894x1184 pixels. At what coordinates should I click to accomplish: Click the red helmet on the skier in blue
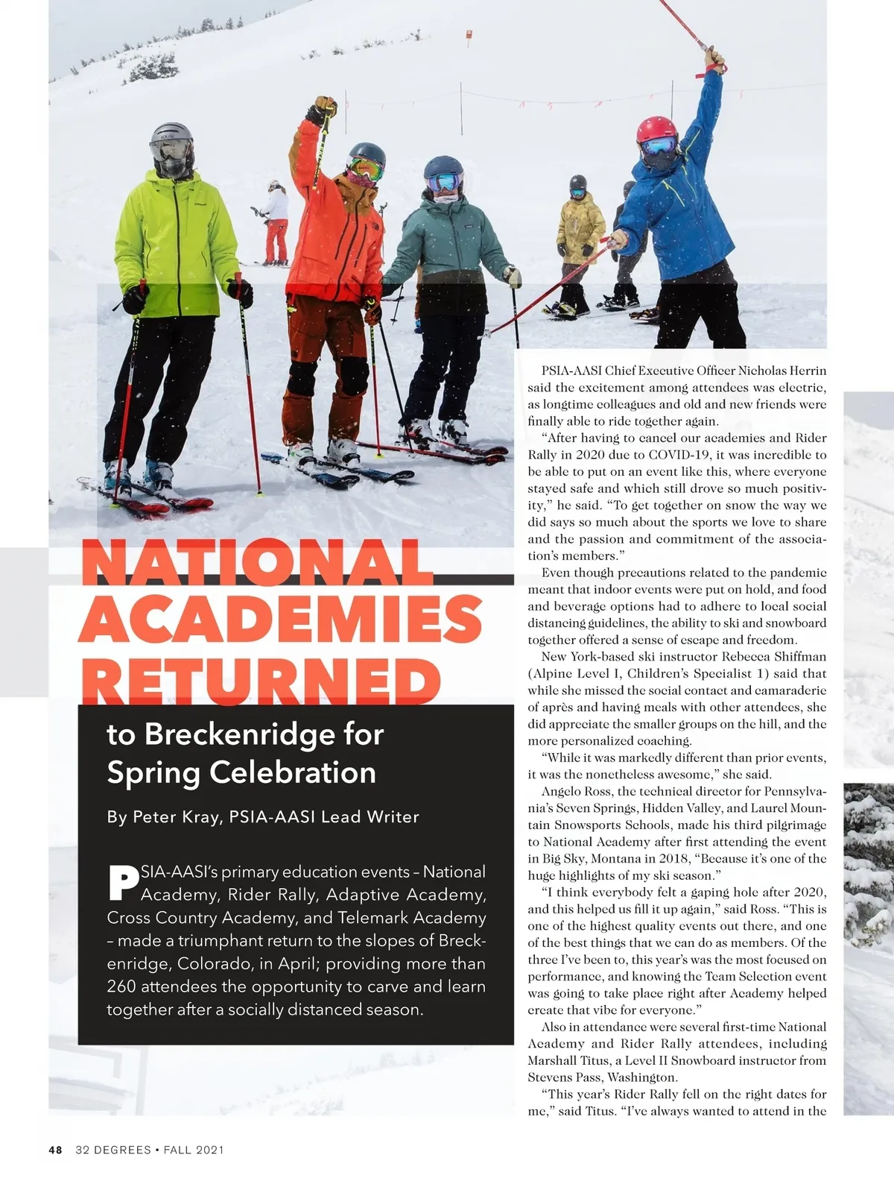(x=656, y=130)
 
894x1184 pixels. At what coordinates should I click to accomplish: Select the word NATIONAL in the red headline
(x=257, y=564)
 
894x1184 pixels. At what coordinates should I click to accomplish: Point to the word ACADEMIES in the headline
(x=279, y=621)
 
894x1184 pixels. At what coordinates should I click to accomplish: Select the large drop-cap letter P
(x=123, y=882)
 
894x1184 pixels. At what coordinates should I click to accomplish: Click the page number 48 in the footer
(x=56, y=1150)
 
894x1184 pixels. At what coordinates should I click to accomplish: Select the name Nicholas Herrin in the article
(x=782, y=371)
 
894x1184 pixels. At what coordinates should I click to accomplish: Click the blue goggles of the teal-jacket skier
(x=446, y=181)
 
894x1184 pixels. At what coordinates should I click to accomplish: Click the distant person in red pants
(x=276, y=224)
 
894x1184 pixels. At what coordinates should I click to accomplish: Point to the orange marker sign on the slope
(x=469, y=34)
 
